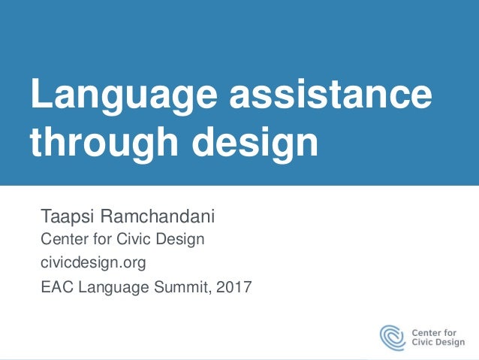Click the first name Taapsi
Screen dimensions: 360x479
coord(66,218)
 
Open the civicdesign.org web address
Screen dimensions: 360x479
coord(93,262)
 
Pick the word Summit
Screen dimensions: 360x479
coord(175,286)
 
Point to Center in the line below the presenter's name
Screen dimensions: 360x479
coord(64,240)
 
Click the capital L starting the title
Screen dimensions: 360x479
coord(38,98)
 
